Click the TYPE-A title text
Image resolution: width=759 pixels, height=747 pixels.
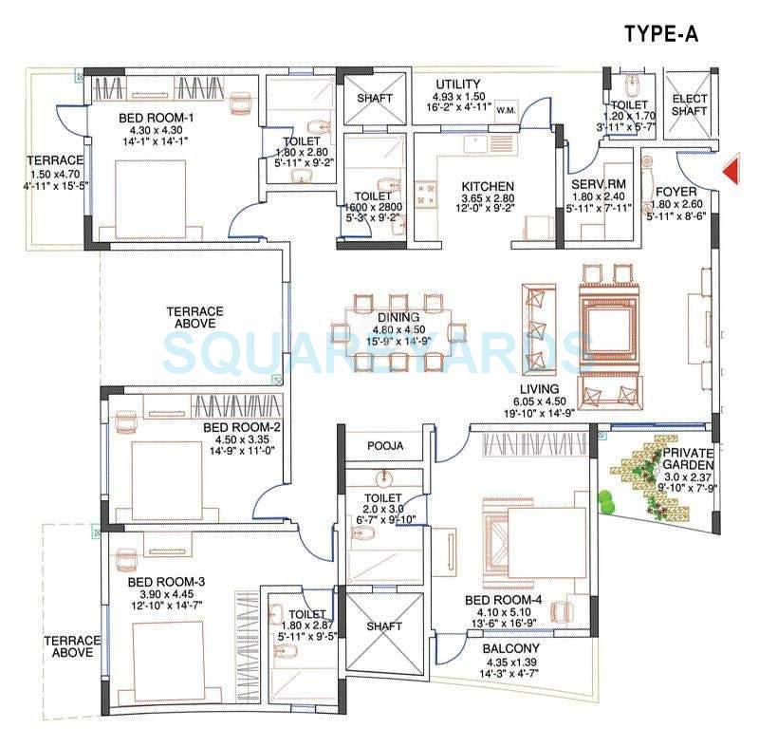pos(661,34)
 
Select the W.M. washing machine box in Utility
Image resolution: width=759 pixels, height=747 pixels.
pos(505,107)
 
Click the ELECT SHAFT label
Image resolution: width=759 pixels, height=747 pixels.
pos(689,104)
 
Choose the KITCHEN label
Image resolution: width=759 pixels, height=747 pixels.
pos(488,186)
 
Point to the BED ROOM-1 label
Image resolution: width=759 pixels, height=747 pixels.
pos(156,118)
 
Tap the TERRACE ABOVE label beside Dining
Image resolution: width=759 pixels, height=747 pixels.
pos(194,317)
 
